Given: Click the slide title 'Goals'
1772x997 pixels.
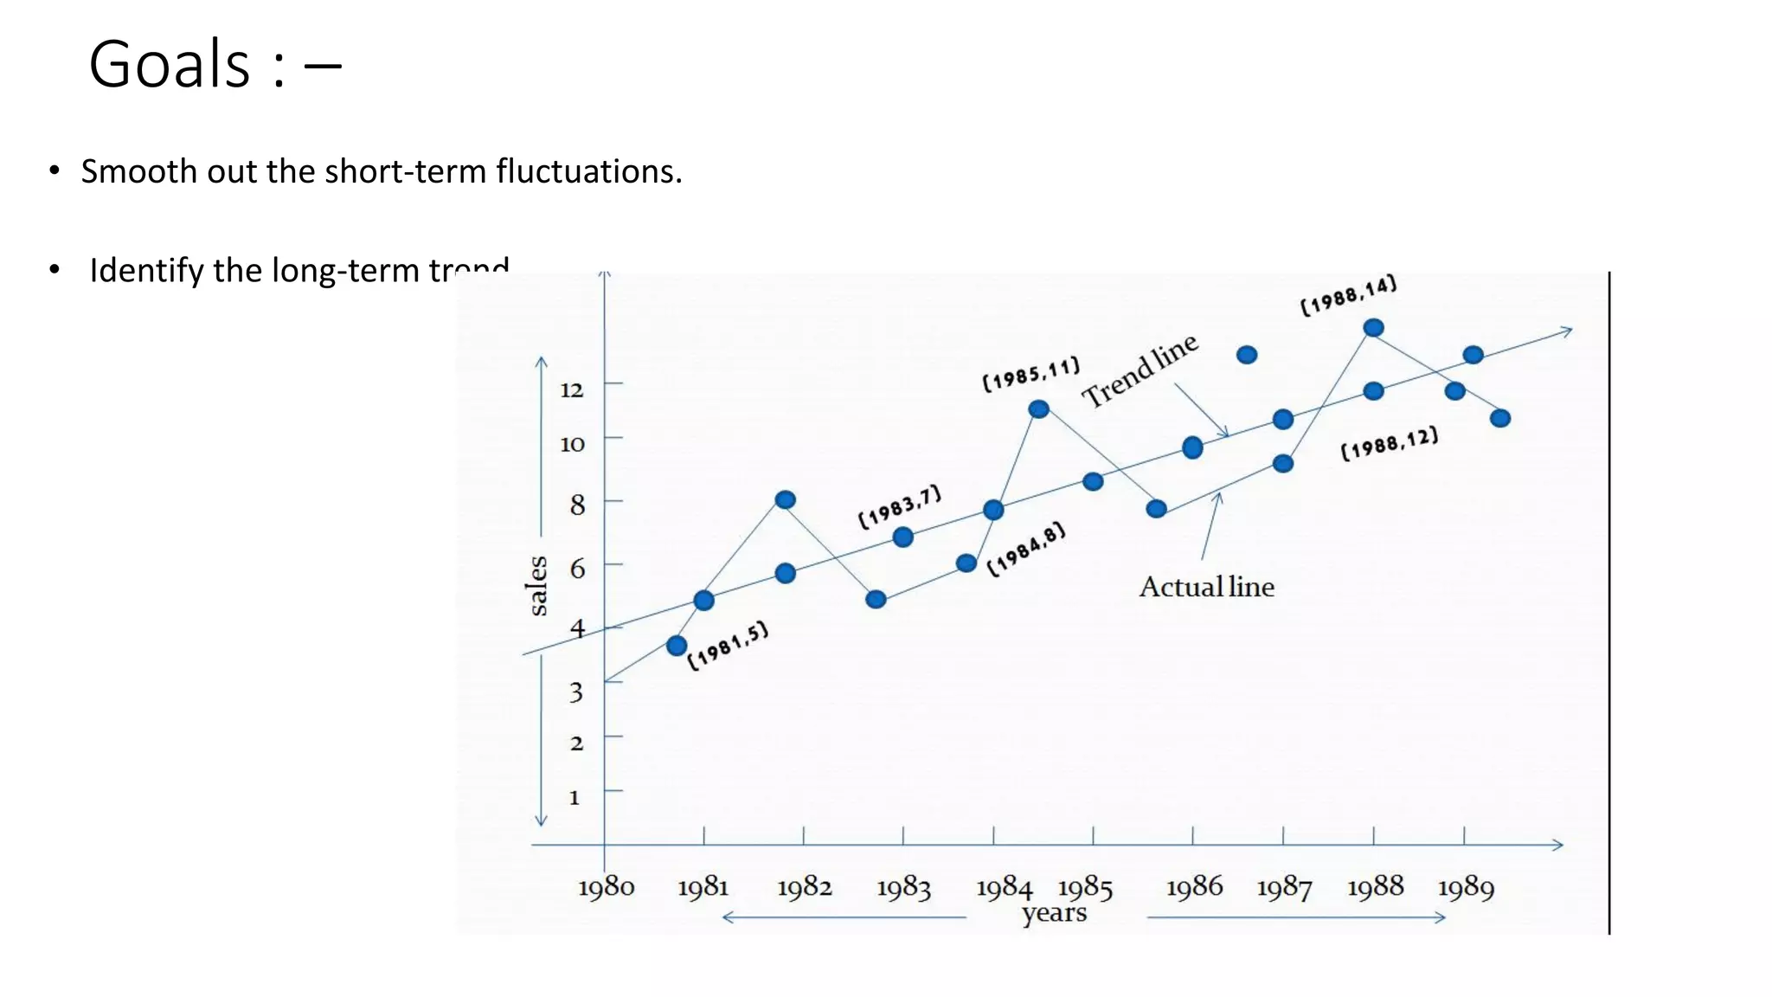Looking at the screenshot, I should pyautogui.click(x=170, y=65).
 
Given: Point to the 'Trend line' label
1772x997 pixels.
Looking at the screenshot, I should pyautogui.click(x=1140, y=370).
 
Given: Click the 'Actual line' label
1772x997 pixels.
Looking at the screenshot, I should pyautogui.click(x=1206, y=587).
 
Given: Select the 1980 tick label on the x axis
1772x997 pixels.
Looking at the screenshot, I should pyautogui.click(x=606, y=887).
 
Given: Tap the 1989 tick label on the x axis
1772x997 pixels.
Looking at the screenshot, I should pyautogui.click(x=1466, y=887).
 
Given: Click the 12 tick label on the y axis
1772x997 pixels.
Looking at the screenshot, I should pyautogui.click(x=572, y=389).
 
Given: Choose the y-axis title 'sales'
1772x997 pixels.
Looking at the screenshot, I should pyautogui.click(x=537, y=586).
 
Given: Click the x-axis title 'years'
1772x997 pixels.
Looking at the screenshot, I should pyautogui.click(x=1054, y=913).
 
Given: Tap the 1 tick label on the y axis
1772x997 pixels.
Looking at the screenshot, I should pyautogui.click(x=574, y=797).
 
